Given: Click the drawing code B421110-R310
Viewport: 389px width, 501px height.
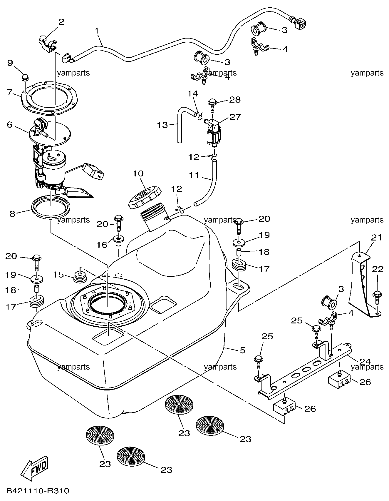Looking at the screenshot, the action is (38, 491).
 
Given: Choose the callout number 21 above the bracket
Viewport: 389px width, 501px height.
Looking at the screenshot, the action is (377, 237).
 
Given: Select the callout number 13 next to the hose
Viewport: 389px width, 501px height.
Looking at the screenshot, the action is (162, 125).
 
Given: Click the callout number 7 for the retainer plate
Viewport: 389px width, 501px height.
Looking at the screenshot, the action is (10, 92).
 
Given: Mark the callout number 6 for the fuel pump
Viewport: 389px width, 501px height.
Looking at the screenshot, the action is (9, 125).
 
